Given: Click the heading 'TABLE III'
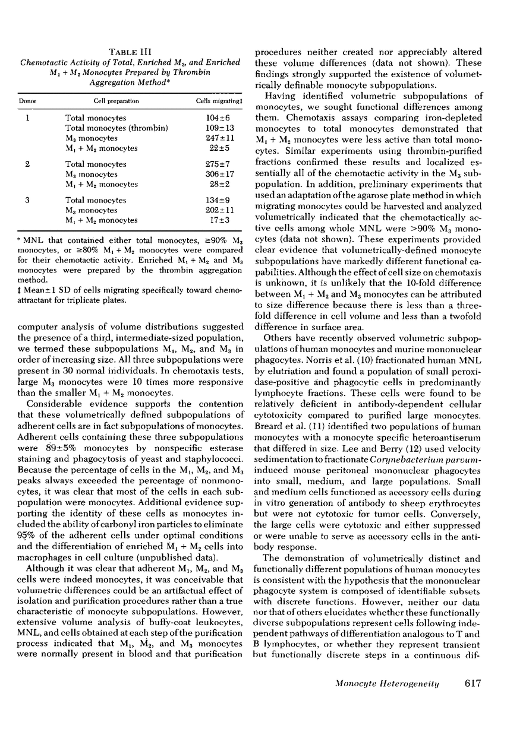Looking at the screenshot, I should (x=137, y=52).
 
